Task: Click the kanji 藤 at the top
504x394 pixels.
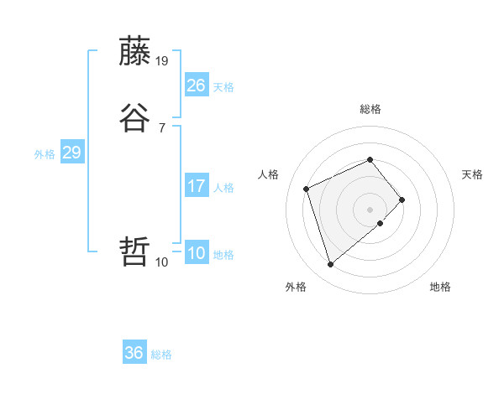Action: click(135, 51)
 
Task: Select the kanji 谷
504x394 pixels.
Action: click(135, 118)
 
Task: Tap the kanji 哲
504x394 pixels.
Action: click(135, 251)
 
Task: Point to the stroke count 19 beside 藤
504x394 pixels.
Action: click(162, 60)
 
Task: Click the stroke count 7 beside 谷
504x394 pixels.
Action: click(162, 127)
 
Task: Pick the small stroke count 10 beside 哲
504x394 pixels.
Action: click(162, 262)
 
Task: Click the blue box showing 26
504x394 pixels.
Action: click(196, 86)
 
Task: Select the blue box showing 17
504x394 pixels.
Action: click(196, 186)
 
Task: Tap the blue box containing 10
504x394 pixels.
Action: click(196, 253)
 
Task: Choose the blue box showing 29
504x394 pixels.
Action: click(71, 153)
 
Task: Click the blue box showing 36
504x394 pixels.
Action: click(134, 353)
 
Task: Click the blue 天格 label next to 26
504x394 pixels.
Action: click(223, 87)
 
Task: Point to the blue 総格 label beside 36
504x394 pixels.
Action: click(161, 355)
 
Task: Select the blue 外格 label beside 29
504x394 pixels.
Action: click(45, 154)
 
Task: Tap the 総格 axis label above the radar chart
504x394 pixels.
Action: click(370, 109)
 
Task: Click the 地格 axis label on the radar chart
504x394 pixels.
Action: click(440, 287)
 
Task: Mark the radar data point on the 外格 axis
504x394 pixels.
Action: click(330, 265)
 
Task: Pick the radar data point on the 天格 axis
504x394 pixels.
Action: click(402, 200)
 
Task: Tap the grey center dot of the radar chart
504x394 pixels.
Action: click(370, 209)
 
